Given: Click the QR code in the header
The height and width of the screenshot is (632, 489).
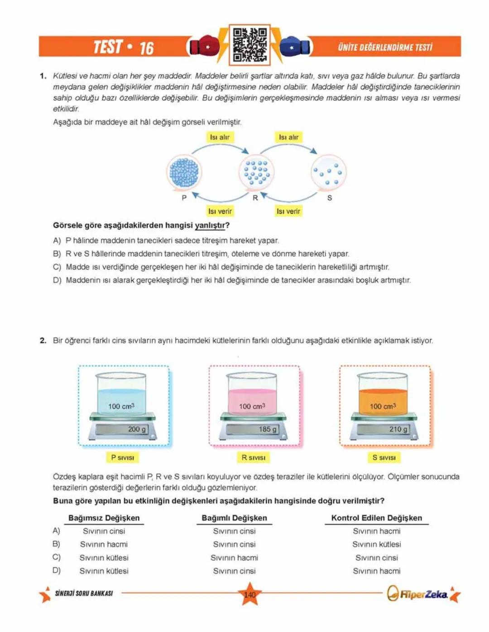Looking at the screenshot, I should coord(249,45).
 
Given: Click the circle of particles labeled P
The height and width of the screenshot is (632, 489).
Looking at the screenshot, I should coord(184,172).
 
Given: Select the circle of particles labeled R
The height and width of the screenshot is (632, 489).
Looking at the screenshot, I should coord(256,172).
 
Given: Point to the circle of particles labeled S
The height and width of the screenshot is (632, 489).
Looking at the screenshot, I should coord(329,172).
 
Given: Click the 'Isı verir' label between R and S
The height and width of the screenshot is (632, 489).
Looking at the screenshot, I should coord(288,211).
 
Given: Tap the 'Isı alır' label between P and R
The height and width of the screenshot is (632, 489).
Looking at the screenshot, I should coord(220,137).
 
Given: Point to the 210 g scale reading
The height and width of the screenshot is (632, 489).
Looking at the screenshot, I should coord(398,429).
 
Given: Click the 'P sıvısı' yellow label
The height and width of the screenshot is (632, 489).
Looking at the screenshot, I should coord(123,457).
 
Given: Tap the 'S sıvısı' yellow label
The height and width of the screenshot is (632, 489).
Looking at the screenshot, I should coord(384,457).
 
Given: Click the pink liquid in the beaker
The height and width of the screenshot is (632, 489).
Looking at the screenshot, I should coord(252,400).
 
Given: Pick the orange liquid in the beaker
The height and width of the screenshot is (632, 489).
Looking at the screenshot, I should coord(383,400).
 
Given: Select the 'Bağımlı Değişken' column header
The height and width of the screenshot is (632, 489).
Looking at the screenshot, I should coord(234,518).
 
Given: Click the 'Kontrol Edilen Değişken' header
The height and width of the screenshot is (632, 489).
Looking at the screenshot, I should coord(376,518).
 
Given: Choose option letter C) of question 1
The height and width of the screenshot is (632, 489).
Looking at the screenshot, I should coord(57,267).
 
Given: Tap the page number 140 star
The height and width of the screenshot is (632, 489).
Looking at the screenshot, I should coord(249,594).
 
